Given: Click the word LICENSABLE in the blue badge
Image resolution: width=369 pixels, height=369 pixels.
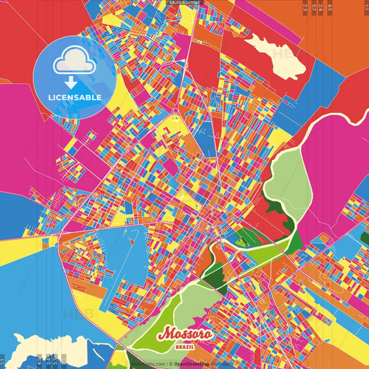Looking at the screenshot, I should [74, 97].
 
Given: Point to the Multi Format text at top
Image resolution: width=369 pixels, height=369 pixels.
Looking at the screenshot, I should [184, 3].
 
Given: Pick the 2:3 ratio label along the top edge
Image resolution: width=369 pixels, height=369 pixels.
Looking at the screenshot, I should [305, 8].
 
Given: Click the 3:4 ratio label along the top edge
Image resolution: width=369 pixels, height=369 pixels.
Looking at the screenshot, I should [321, 8].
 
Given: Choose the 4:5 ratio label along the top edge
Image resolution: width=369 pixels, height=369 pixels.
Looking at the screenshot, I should [330, 8].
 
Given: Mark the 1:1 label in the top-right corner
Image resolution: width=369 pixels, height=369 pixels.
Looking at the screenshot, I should [365, 8].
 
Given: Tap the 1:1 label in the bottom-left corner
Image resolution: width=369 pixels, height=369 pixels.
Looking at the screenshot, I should [3, 360].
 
